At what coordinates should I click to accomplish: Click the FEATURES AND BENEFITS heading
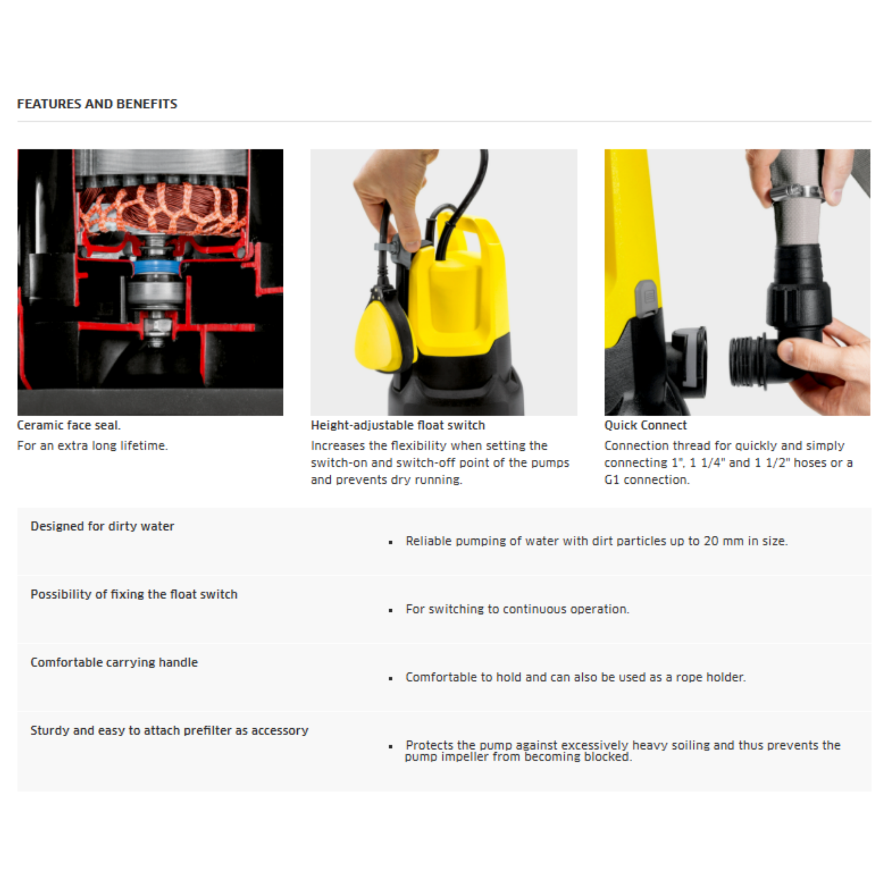97,104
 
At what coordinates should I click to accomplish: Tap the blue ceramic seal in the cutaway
156,267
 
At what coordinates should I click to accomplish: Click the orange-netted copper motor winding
161,207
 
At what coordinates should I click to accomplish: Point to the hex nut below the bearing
157,326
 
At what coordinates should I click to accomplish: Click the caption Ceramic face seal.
69,425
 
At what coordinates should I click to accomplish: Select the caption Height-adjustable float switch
398,425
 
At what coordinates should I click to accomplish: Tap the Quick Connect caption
645,425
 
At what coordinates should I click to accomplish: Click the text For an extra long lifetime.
92,445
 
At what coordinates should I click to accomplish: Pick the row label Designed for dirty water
102,526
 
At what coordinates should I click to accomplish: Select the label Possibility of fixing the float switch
133,594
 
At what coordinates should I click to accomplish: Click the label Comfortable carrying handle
114,662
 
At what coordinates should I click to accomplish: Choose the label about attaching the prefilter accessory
169,731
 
